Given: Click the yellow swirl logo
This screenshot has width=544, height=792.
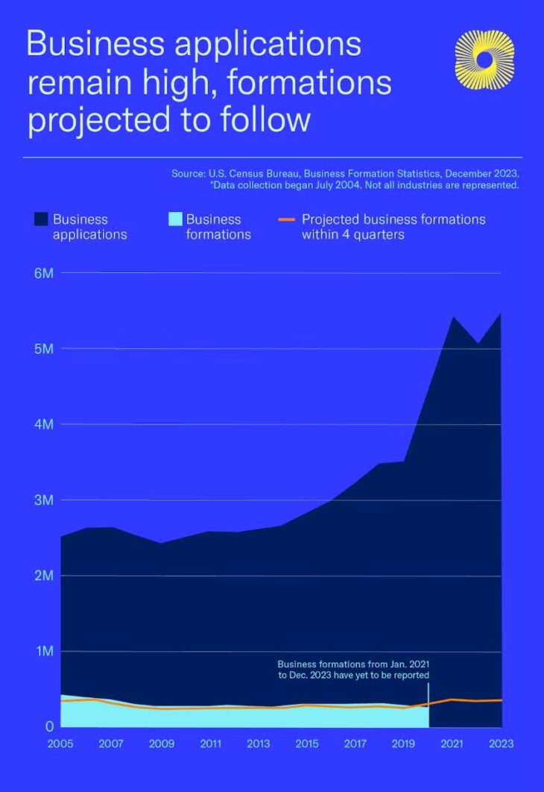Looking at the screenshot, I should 484,60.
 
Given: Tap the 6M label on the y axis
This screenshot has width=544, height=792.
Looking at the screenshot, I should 44,273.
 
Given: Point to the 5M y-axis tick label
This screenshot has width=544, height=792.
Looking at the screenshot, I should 44,348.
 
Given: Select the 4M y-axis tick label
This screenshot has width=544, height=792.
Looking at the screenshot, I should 44,424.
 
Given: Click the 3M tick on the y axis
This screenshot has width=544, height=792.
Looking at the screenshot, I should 44,500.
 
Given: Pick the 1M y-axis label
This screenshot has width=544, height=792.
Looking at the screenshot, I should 44,651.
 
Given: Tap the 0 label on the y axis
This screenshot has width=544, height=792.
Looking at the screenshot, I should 49,726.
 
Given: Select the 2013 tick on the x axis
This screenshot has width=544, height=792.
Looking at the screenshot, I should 258,744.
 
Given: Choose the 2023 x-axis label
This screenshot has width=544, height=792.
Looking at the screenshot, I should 501,744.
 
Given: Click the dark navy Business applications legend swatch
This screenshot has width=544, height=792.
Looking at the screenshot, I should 40,219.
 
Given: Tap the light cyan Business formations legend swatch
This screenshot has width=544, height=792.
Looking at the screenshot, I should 174,219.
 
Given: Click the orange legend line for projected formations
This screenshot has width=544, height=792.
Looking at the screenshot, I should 288,219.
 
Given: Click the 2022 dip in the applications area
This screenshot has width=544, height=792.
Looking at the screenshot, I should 478,345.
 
